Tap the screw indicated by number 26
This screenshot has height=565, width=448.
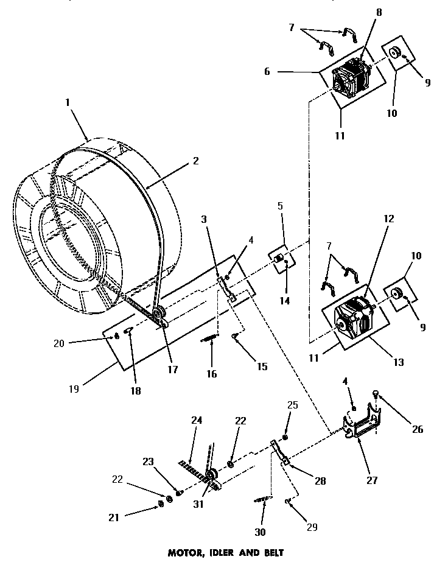pos(377,396)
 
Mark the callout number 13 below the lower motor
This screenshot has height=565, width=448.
pos(399,363)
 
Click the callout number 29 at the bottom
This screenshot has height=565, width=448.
pos(312,527)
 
